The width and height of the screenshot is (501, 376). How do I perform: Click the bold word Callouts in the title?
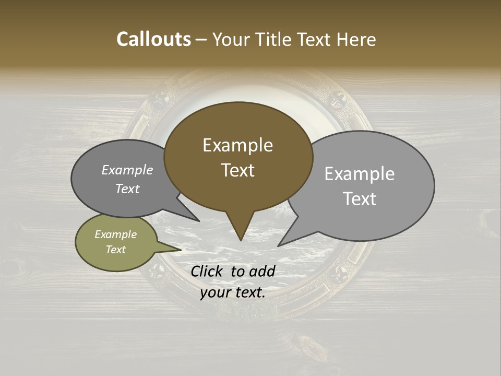pyautogui.click(x=153, y=39)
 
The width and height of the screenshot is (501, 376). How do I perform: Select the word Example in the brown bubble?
pyautogui.click(x=237, y=145)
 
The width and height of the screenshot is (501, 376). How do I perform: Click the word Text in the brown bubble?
pyautogui.click(x=238, y=170)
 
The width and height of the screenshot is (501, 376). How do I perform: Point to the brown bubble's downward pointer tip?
pyautogui.click(x=241, y=240)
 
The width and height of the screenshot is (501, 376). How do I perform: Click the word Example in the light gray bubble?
pyautogui.click(x=360, y=174)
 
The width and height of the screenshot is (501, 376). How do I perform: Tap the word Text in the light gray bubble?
pyautogui.click(x=360, y=198)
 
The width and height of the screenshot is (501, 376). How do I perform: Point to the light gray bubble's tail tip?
pyautogui.click(x=278, y=245)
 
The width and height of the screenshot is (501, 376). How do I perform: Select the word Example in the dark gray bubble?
pyautogui.click(x=127, y=170)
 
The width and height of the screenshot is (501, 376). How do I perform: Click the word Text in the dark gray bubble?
pyautogui.click(x=127, y=189)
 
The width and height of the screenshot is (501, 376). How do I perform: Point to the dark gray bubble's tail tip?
pyautogui.click(x=199, y=221)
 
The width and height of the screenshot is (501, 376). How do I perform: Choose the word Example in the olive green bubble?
pyautogui.click(x=116, y=234)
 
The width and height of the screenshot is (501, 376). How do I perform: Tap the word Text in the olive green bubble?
pyautogui.click(x=116, y=250)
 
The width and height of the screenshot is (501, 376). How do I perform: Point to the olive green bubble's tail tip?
pyautogui.click(x=181, y=250)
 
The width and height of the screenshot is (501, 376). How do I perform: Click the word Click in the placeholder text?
pyautogui.click(x=208, y=271)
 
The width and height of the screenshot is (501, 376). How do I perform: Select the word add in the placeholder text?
pyautogui.click(x=261, y=271)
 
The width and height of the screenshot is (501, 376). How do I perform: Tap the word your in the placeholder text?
pyautogui.click(x=214, y=292)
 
